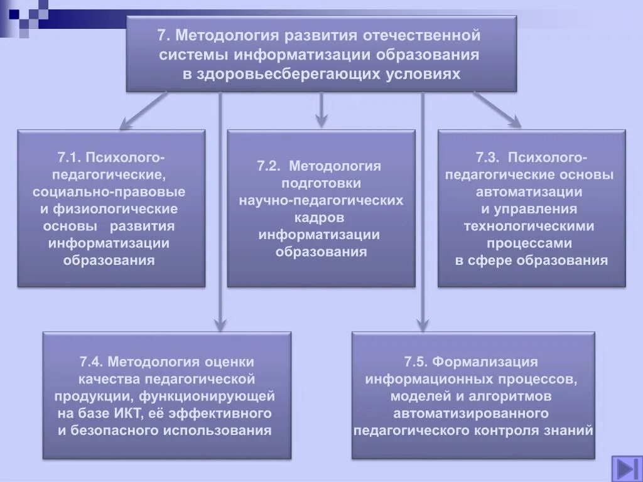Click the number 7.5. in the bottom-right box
click(416, 362)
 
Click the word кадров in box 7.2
click(321, 218)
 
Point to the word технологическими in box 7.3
click(529, 226)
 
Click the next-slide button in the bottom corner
click(625, 468)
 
